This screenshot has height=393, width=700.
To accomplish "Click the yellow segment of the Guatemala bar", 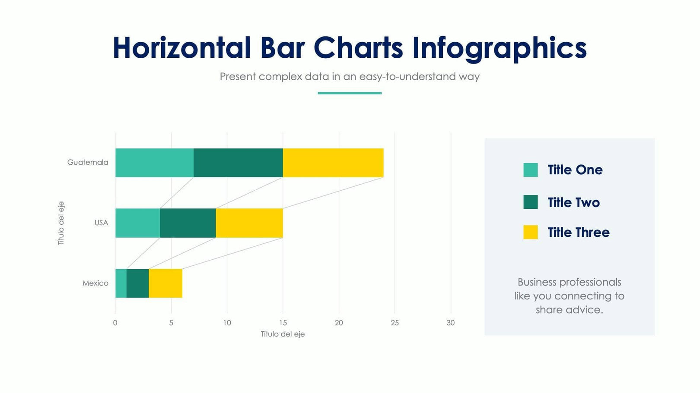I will [x=333, y=163].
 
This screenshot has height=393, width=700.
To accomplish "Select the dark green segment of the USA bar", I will [x=188, y=223].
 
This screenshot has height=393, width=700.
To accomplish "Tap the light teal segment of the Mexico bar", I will [x=121, y=283].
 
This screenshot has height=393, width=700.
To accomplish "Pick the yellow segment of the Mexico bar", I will [x=165, y=283].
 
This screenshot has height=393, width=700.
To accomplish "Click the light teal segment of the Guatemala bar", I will [x=154, y=163].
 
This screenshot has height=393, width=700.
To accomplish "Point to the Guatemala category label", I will [x=88, y=163].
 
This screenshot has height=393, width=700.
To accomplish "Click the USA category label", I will [x=101, y=223].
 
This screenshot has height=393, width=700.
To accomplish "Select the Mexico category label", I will [x=95, y=283].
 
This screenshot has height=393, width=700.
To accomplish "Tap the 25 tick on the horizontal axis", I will [x=395, y=323].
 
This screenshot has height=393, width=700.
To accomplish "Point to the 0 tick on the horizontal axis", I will [x=115, y=323].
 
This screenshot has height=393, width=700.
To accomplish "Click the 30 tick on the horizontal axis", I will [x=450, y=323].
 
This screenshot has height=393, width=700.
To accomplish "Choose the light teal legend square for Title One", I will [x=530, y=170].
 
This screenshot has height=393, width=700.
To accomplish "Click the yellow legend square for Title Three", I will [x=530, y=232].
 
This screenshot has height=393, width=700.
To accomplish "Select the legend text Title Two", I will [x=573, y=202].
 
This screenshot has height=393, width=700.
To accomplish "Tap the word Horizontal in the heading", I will [x=181, y=48].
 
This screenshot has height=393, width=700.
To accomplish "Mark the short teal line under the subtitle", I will [x=350, y=93].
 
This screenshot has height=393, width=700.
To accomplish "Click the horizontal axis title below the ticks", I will [x=283, y=334].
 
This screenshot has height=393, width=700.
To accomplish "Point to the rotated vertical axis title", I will [x=61, y=223].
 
